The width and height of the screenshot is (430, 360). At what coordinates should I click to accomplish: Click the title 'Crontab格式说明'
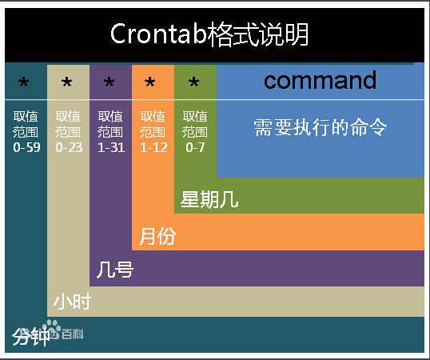[x=209, y=34]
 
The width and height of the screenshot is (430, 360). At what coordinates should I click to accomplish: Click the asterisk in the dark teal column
[x=24, y=82]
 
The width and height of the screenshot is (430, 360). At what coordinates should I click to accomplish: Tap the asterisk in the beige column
[x=66, y=82]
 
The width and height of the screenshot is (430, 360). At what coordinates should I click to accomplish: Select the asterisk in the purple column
[x=109, y=82]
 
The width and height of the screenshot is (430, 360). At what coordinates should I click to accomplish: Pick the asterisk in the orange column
[x=150, y=82]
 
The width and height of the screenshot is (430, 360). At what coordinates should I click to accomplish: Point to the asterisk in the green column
[x=194, y=82]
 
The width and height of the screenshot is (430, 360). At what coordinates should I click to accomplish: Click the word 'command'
[x=320, y=80]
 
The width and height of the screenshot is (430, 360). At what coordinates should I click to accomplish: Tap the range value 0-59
[x=26, y=148]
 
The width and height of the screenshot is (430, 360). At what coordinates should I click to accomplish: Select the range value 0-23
[x=69, y=148]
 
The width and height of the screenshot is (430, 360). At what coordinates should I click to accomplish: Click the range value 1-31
[x=111, y=148]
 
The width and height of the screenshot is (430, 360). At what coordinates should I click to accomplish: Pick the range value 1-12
[x=153, y=148]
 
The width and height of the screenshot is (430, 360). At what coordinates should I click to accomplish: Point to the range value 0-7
[x=195, y=148]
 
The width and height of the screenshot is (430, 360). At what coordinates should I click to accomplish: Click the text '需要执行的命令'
[x=320, y=127]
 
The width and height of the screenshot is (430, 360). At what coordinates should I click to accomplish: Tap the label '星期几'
[x=209, y=199]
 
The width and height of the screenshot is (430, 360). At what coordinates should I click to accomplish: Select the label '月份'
[x=157, y=236]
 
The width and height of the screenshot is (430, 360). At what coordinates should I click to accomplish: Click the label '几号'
[x=115, y=270]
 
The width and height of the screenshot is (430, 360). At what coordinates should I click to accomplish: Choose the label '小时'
[x=73, y=302]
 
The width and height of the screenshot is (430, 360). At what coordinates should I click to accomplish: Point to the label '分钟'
[x=30, y=337]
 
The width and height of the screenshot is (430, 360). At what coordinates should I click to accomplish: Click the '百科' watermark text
[x=73, y=334]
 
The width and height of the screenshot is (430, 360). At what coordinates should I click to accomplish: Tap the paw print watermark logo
[x=52, y=329]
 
